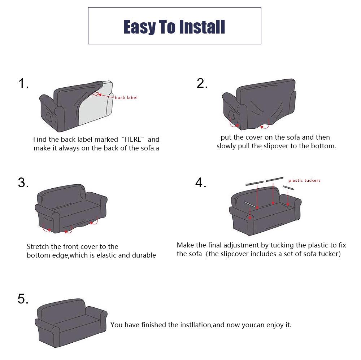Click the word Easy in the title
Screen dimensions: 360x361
click(x=139, y=27)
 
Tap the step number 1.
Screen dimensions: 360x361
click(x=23, y=84)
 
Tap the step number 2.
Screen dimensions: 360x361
click(x=202, y=83)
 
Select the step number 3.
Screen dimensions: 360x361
click(x=23, y=183)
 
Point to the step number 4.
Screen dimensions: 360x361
click(x=201, y=183)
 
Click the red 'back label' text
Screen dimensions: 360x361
click(x=126, y=98)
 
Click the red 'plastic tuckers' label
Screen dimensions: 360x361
click(x=304, y=180)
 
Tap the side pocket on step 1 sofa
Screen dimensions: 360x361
click(x=49, y=117)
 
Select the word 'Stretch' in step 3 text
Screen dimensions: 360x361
click(x=38, y=247)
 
